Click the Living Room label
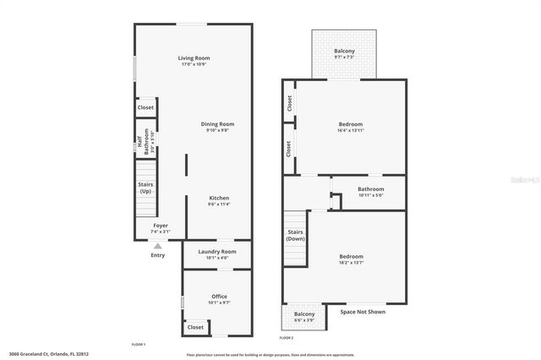194,57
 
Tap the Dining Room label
216,124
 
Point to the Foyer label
160,226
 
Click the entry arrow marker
157,246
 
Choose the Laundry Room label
216,251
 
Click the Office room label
219,296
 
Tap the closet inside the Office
195,326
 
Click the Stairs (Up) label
146,188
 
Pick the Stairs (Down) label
295,234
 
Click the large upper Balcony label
344,52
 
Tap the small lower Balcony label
305,314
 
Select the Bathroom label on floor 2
370,189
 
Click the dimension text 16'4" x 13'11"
351,131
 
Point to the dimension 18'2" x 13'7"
351,262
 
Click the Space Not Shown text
363,312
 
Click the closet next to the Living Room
145,108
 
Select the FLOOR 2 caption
287,337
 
